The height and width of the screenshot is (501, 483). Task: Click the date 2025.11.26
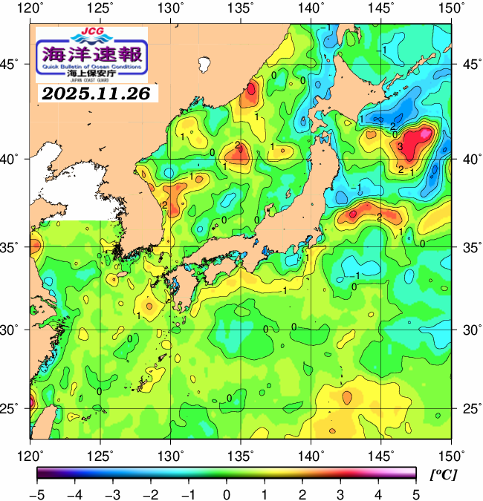click(x=96, y=94)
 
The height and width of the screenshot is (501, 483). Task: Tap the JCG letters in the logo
click(x=91, y=33)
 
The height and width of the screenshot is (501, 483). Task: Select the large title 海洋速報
click(x=92, y=53)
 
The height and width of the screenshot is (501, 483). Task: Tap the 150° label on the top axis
click(x=451, y=8)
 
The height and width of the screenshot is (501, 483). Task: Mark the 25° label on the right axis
click(x=467, y=408)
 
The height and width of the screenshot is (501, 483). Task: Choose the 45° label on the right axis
click(x=467, y=64)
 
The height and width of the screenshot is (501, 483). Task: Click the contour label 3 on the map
click(x=400, y=147)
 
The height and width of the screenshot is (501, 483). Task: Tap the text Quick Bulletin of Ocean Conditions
click(x=92, y=66)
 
